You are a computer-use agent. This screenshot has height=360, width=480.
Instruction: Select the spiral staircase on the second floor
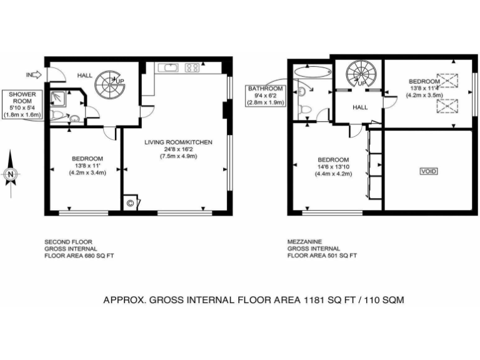click(111, 82)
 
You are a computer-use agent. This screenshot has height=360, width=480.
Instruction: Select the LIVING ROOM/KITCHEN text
click(179, 142)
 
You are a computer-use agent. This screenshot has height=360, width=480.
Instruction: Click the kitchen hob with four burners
click(192, 67)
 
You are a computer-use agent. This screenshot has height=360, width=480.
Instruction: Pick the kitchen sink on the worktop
click(167, 67)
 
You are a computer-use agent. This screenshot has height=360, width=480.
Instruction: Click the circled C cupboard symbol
click(131, 202)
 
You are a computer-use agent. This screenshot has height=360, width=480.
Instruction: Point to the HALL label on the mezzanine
click(360, 107)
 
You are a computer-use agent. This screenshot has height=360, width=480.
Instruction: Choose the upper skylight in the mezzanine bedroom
click(447, 80)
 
